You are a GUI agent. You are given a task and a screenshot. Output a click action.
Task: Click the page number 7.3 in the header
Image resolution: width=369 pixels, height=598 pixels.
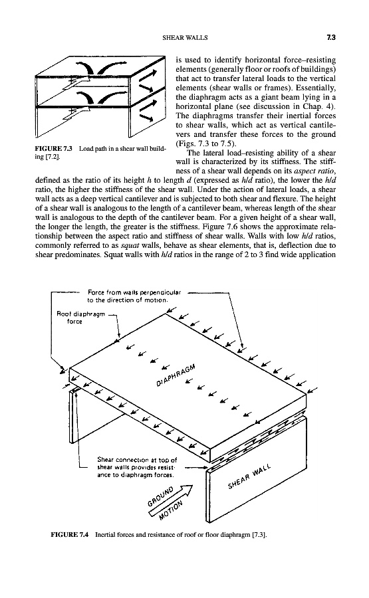coord(331,37)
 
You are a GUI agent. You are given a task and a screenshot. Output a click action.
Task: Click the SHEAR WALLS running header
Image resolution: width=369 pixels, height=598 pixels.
coord(185,38)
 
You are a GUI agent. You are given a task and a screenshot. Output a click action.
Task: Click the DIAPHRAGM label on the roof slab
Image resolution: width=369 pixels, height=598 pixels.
coord(176,375)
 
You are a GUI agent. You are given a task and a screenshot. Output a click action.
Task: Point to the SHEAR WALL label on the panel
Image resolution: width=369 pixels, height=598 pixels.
coord(250,476)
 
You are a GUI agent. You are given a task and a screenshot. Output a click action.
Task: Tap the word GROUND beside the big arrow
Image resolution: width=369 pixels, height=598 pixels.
coord(161,496)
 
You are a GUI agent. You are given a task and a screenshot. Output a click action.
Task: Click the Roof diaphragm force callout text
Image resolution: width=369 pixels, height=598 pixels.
coord(80,318)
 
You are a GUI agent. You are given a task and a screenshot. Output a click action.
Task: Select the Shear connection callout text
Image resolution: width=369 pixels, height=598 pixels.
coord(138,467)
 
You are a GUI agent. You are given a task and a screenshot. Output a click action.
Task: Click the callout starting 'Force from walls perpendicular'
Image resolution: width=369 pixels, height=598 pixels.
coord(134,296)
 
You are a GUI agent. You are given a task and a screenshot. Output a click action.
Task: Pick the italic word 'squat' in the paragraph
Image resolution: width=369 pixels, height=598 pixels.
coord(132,245)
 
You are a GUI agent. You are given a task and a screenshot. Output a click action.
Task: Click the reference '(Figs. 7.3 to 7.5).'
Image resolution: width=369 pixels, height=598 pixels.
coord(205,144)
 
